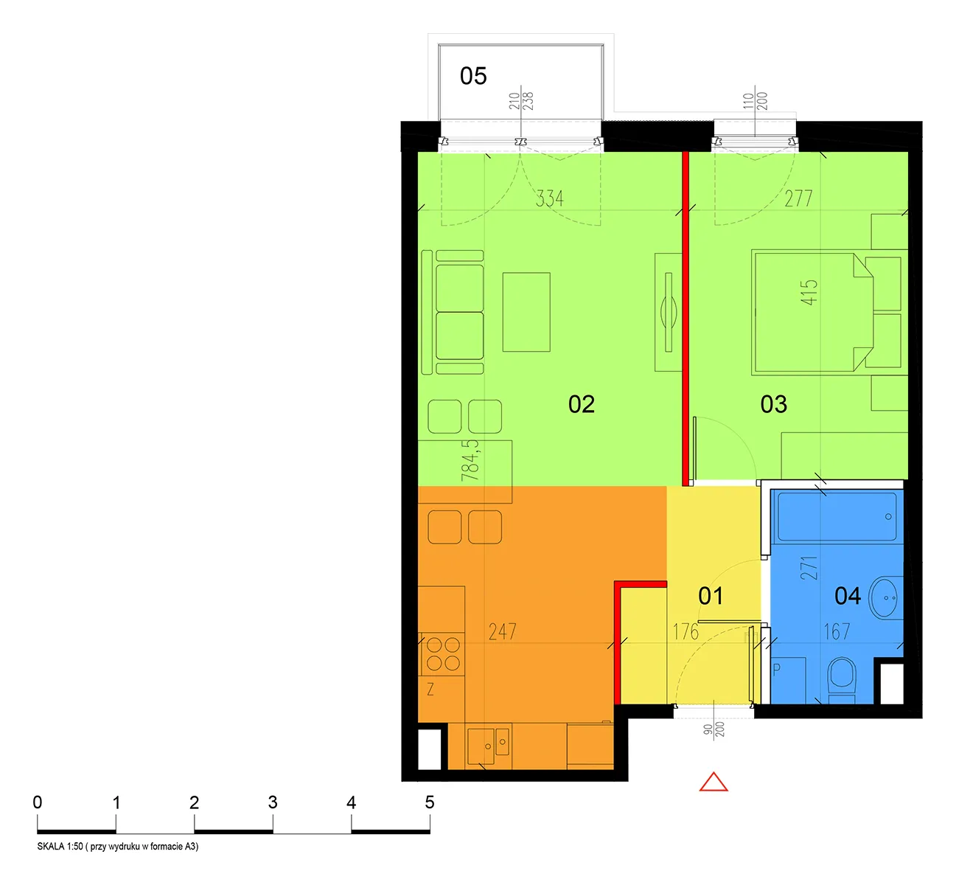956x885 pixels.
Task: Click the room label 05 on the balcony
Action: click(472, 76)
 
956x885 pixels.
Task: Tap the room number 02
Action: click(581, 403)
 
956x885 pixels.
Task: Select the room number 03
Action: click(773, 403)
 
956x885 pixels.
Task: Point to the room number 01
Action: click(711, 596)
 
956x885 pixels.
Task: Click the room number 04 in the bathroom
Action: click(847, 596)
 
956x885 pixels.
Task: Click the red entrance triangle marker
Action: click(713, 782)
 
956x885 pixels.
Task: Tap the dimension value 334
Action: click(549, 198)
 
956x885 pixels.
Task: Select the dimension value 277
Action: click(798, 198)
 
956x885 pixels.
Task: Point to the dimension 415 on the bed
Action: click(809, 292)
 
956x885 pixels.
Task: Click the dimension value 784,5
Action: click(470, 460)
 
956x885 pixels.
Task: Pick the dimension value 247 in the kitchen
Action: click(502, 631)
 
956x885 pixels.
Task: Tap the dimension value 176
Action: click(685, 631)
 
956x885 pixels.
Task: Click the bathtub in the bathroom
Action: click(837, 516)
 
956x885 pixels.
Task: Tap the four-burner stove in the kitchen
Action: click(443, 653)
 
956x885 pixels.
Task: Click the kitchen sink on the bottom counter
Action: click(488, 746)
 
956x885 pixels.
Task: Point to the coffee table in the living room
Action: click(526, 312)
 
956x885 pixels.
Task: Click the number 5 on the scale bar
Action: click(430, 802)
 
